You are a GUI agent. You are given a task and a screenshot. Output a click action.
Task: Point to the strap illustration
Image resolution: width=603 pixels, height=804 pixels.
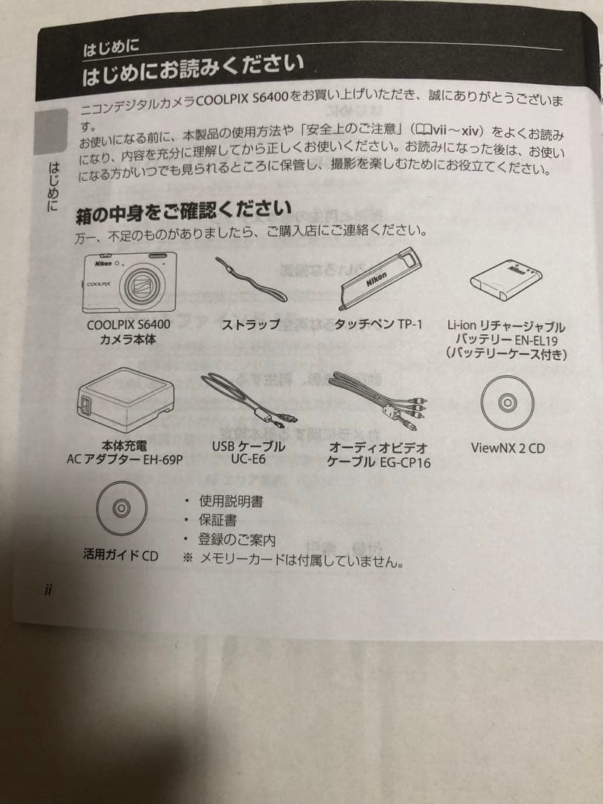[250, 278]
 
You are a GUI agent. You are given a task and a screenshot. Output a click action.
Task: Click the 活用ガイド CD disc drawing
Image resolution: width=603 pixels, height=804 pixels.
[119, 508]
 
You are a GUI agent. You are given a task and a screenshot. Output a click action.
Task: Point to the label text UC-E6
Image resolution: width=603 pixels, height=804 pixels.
[249, 460]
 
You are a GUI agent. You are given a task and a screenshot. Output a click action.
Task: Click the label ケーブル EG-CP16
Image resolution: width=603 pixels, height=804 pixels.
[378, 462]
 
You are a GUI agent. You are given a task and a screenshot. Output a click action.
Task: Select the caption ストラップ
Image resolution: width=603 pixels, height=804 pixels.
[250, 325]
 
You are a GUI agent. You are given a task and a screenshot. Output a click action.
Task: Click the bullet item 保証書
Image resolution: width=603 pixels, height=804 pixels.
[216, 520]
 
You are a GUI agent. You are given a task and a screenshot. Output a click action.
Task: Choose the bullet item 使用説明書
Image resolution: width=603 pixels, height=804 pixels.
[230, 502]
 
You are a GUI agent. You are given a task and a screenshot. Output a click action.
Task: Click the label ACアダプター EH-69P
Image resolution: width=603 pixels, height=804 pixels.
[124, 460]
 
